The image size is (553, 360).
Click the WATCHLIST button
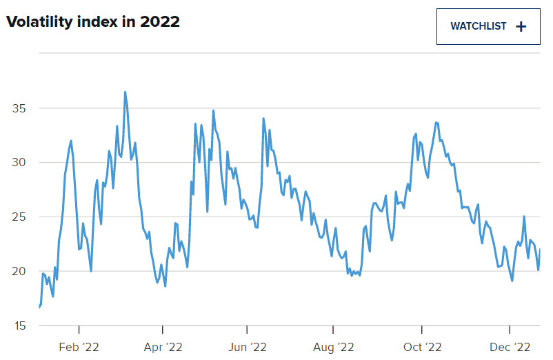(x=488, y=26)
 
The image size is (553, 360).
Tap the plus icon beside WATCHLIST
(x=521, y=26)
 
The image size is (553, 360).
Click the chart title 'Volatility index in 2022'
(x=93, y=22)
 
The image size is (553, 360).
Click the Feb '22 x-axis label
(x=80, y=346)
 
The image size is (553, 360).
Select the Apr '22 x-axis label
(x=163, y=346)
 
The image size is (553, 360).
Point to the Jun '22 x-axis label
(x=248, y=346)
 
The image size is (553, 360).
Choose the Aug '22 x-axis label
(x=333, y=346)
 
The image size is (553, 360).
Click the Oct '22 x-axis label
(x=422, y=346)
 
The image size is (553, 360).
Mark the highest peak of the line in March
(x=125, y=92)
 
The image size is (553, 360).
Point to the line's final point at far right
(x=540, y=250)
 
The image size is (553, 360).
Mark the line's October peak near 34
(x=436, y=123)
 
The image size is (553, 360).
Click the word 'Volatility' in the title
(x=38, y=22)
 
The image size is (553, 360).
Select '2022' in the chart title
(x=160, y=22)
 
